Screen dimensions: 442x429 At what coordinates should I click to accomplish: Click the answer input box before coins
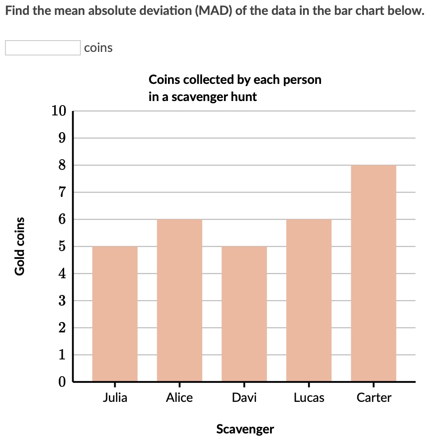42,48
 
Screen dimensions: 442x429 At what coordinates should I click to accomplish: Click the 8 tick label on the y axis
62,165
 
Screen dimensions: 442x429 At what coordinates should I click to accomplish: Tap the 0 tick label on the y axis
62,382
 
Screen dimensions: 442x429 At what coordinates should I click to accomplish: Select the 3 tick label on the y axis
62,301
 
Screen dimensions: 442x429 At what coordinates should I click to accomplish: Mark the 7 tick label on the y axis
62,192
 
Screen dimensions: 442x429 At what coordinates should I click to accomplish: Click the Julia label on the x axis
115,398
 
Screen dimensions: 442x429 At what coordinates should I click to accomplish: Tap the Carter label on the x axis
373,398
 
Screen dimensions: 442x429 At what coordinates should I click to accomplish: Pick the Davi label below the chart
244,398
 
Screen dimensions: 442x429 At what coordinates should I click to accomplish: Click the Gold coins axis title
19,246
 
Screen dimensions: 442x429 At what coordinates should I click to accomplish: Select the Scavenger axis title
245,428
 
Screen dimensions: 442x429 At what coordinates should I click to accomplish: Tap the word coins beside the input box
98,48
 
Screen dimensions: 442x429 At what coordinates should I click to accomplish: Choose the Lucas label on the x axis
309,398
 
